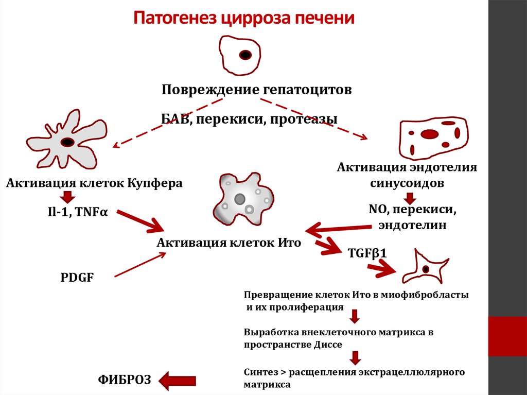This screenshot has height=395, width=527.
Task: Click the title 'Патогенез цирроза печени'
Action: coord(244,18)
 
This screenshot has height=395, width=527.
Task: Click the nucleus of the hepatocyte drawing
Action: coord(245,55)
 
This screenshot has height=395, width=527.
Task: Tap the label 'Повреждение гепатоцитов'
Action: coord(257,90)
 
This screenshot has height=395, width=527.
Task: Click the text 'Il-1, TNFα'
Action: coord(78,212)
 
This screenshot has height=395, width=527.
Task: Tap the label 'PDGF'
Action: coord(77,278)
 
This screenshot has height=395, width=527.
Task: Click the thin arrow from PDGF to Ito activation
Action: coord(140,265)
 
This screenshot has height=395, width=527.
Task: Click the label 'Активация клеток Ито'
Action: coord(229,243)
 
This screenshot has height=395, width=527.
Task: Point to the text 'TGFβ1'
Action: coord(367,253)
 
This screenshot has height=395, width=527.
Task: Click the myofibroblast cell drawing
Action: coord(426,267)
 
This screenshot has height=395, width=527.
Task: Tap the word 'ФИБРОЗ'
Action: coord(125,380)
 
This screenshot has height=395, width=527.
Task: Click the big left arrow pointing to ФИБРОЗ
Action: coord(177,381)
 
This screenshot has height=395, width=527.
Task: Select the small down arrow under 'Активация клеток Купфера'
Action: coord(68,197)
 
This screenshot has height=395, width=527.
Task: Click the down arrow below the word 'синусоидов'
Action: coord(410,198)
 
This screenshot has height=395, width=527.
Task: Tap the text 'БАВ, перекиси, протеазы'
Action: coord(249,119)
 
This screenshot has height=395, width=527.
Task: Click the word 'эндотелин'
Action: coord(412,225)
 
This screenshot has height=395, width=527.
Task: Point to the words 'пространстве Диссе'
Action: coord(293,345)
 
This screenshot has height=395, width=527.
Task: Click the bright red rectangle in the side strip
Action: coord(507,336)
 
